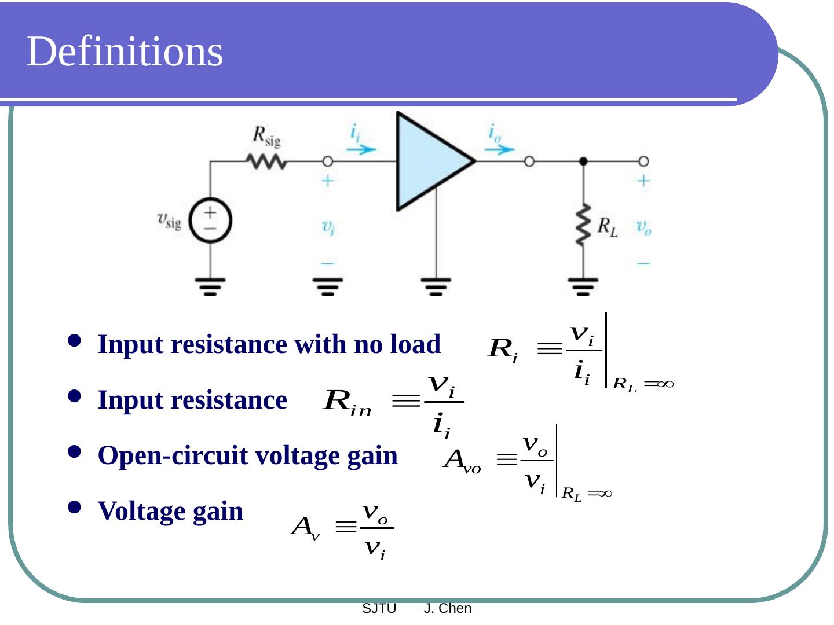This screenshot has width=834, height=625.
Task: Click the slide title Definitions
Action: [x=125, y=52]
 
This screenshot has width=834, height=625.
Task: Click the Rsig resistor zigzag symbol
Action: [x=266, y=161]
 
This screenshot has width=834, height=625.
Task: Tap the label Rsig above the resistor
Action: [x=266, y=137]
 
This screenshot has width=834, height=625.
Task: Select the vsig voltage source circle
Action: [x=210, y=220]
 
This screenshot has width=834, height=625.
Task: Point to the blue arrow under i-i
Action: [x=361, y=149]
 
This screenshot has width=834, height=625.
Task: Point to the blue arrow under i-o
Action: [x=499, y=149]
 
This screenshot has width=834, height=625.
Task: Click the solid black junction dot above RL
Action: [x=583, y=161]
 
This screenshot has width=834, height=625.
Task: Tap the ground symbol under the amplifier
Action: [x=436, y=286]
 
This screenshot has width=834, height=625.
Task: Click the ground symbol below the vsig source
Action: [x=210, y=286]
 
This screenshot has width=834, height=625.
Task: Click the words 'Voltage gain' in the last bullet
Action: [x=170, y=511]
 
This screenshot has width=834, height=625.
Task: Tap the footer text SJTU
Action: [x=379, y=608]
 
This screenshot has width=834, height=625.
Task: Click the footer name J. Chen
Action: [x=448, y=608]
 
